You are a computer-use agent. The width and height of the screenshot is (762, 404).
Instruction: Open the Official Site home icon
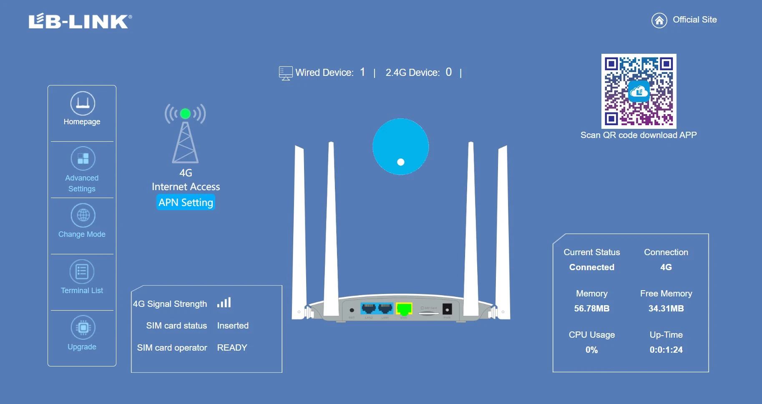pos(659,20)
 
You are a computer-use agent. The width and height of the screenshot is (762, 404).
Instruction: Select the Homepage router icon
pos(83,103)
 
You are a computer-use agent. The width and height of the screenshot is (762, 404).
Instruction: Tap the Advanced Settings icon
pos(83,158)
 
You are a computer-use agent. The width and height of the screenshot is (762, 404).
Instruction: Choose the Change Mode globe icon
pos(83,215)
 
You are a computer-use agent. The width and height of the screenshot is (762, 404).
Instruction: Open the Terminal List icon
pos(82,271)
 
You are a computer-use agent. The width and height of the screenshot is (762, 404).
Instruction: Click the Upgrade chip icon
pos(83,327)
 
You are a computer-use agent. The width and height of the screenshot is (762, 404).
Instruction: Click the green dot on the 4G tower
pos(185,113)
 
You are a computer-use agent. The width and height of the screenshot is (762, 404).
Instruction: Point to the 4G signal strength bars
pos(224,303)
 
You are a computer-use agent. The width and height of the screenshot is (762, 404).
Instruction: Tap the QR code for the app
pos(639,91)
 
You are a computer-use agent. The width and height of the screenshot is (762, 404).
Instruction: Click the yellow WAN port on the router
pos(404,309)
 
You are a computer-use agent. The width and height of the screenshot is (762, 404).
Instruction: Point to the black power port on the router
pos(447,309)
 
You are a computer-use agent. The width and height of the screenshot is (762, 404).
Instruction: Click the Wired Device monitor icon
pos(286,73)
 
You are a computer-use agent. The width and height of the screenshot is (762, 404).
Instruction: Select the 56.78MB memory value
pos(591,309)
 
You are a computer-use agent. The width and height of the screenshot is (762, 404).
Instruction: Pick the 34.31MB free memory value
pos(666,309)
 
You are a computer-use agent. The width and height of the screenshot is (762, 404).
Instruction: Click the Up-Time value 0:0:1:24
pos(666,350)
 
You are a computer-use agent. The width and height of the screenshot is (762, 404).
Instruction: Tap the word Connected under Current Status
pos(591,267)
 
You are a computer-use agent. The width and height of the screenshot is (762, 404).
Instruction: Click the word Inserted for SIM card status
pos(233,326)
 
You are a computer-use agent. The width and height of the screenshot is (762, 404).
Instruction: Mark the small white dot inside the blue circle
pos(401,162)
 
